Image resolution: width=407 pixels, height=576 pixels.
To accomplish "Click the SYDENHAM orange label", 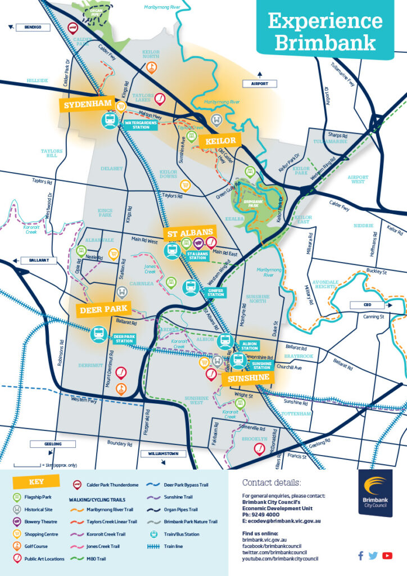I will click(x=87, y=105).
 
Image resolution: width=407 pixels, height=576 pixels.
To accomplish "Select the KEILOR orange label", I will click(x=220, y=141).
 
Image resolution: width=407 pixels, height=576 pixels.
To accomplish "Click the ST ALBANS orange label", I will click(x=189, y=232).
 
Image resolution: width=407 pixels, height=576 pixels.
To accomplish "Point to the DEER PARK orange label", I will click(x=103, y=310).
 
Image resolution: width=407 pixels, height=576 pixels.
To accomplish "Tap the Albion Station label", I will click(x=249, y=345).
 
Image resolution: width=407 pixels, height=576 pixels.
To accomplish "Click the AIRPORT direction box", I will click(x=259, y=83).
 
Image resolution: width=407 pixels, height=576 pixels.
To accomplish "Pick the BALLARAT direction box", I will click(x=36, y=260).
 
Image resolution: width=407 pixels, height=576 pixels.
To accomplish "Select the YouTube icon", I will click(x=387, y=556).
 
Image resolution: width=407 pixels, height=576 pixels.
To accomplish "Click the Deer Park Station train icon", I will click(x=99, y=334).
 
